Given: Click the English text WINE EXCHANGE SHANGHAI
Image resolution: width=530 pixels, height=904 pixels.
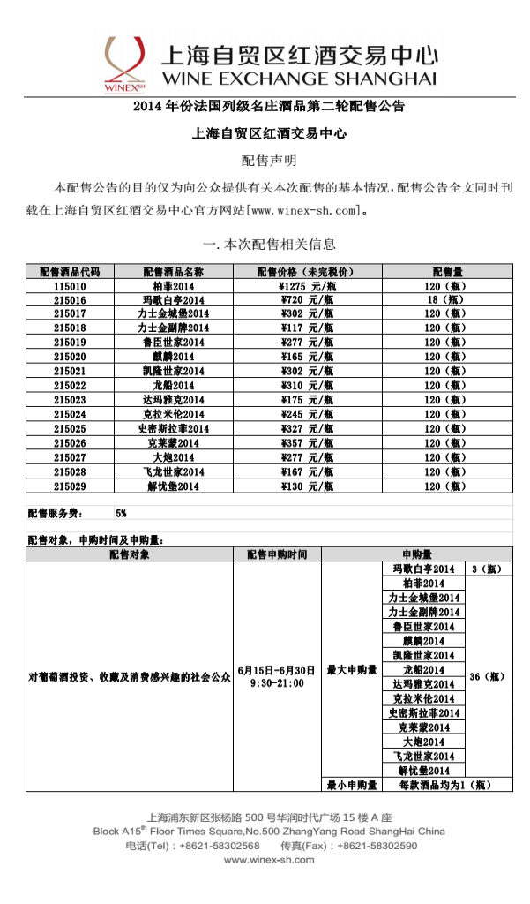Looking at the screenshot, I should click(x=298, y=79).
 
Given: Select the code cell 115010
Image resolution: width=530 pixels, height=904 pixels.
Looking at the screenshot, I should click(x=70, y=286).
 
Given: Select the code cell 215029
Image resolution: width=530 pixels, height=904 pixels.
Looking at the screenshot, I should click(x=70, y=486).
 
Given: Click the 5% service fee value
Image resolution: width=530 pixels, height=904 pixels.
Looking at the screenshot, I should click(x=121, y=512).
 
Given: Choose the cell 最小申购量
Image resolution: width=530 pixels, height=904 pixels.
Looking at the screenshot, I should click(x=352, y=784).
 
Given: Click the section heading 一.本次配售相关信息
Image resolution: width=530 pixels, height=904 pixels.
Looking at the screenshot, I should click(x=269, y=245).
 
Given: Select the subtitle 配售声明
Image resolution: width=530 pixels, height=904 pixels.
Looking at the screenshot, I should click(x=269, y=161).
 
